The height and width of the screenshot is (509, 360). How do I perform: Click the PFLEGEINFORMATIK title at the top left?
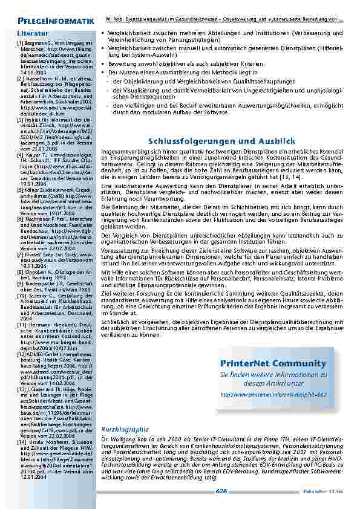[55, 23]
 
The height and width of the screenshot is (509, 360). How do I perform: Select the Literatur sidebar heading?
[33, 30]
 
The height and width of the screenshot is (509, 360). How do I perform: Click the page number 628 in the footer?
[221, 491]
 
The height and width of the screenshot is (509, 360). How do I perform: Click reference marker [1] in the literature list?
[21, 44]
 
